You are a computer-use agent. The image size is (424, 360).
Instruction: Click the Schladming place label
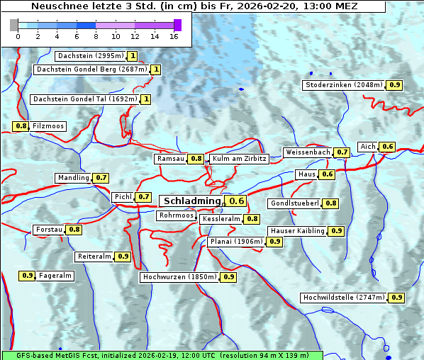pyautogui.click(x=192, y=201)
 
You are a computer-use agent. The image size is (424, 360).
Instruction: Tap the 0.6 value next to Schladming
pyautogui.click(x=237, y=201)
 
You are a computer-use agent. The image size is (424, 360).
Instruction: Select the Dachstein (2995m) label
pyautogui.click(x=90, y=56)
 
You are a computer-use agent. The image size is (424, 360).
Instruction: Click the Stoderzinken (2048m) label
pyautogui.click(x=344, y=85)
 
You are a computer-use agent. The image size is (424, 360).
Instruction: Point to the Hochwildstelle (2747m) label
pyautogui.click(x=344, y=298)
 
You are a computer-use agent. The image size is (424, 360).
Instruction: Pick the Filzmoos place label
pyautogui.click(x=48, y=126)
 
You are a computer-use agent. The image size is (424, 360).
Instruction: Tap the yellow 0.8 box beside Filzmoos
pyautogui.click(x=21, y=126)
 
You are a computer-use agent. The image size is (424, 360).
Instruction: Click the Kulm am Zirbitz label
pyautogui.click(x=239, y=159)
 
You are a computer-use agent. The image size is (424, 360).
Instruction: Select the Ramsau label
pyautogui.click(x=171, y=159)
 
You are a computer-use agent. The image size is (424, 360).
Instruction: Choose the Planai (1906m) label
pyautogui.click(x=236, y=242)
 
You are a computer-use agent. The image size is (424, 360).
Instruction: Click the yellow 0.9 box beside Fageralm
pyautogui.click(x=28, y=276)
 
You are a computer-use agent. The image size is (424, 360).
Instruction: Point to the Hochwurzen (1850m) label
pyautogui.click(x=178, y=277)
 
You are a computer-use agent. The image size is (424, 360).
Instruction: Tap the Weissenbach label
pyautogui.click(x=307, y=152)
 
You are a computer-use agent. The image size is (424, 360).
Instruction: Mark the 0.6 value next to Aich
pyautogui.click(x=387, y=147)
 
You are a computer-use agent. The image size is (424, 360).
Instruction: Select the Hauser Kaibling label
pyautogui.click(x=297, y=231)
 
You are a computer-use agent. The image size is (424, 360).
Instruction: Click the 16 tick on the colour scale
pyautogui.click(x=174, y=35)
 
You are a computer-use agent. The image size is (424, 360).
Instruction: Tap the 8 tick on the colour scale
pyautogui.click(x=95, y=35)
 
